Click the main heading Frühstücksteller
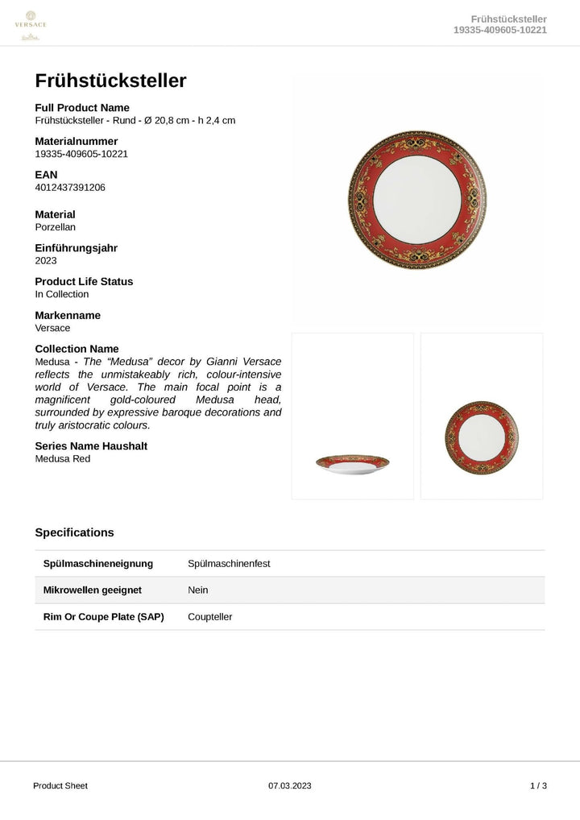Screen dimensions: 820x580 (x=110, y=81)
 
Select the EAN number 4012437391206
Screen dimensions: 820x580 (x=70, y=188)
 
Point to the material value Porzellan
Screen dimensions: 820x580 (x=56, y=227)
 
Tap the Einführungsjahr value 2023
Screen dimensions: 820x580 (x=46, y=261)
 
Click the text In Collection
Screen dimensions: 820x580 (x=62, y=295)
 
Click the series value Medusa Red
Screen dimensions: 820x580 (x=63, y=459)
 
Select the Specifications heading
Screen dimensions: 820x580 (x=74, y=532)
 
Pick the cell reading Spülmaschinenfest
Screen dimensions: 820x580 (x=229, y=564)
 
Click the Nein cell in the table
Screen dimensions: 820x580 (x=198, y=590)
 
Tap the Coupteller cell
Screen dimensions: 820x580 (x=209, y=617)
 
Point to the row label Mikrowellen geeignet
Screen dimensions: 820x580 (x=92, y=590)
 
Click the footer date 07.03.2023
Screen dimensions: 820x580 (x=289, y=785)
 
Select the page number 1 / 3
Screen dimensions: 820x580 (x=538, y=785)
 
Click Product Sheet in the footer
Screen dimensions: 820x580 (x=60, y=785)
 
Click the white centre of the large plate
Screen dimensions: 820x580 (x=417, y=200)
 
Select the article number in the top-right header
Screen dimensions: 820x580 (x=500, y=31)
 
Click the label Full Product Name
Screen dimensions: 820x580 (x=82, y=108)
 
